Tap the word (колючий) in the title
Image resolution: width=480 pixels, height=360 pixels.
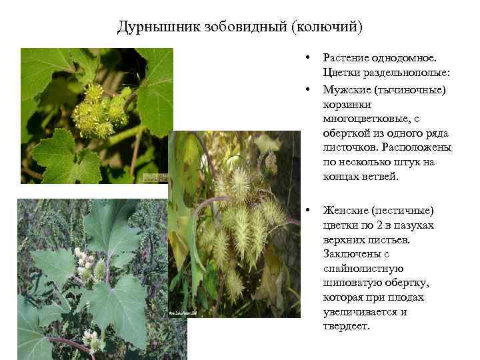click(x=327, y=27)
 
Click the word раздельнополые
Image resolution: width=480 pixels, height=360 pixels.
click(x=404, y=73)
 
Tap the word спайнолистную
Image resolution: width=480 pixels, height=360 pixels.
click(x=362, y=268)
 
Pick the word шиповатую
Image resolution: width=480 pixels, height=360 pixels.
click(x=353, y=283)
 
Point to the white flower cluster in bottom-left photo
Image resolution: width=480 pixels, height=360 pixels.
click(x=85, y=263)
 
